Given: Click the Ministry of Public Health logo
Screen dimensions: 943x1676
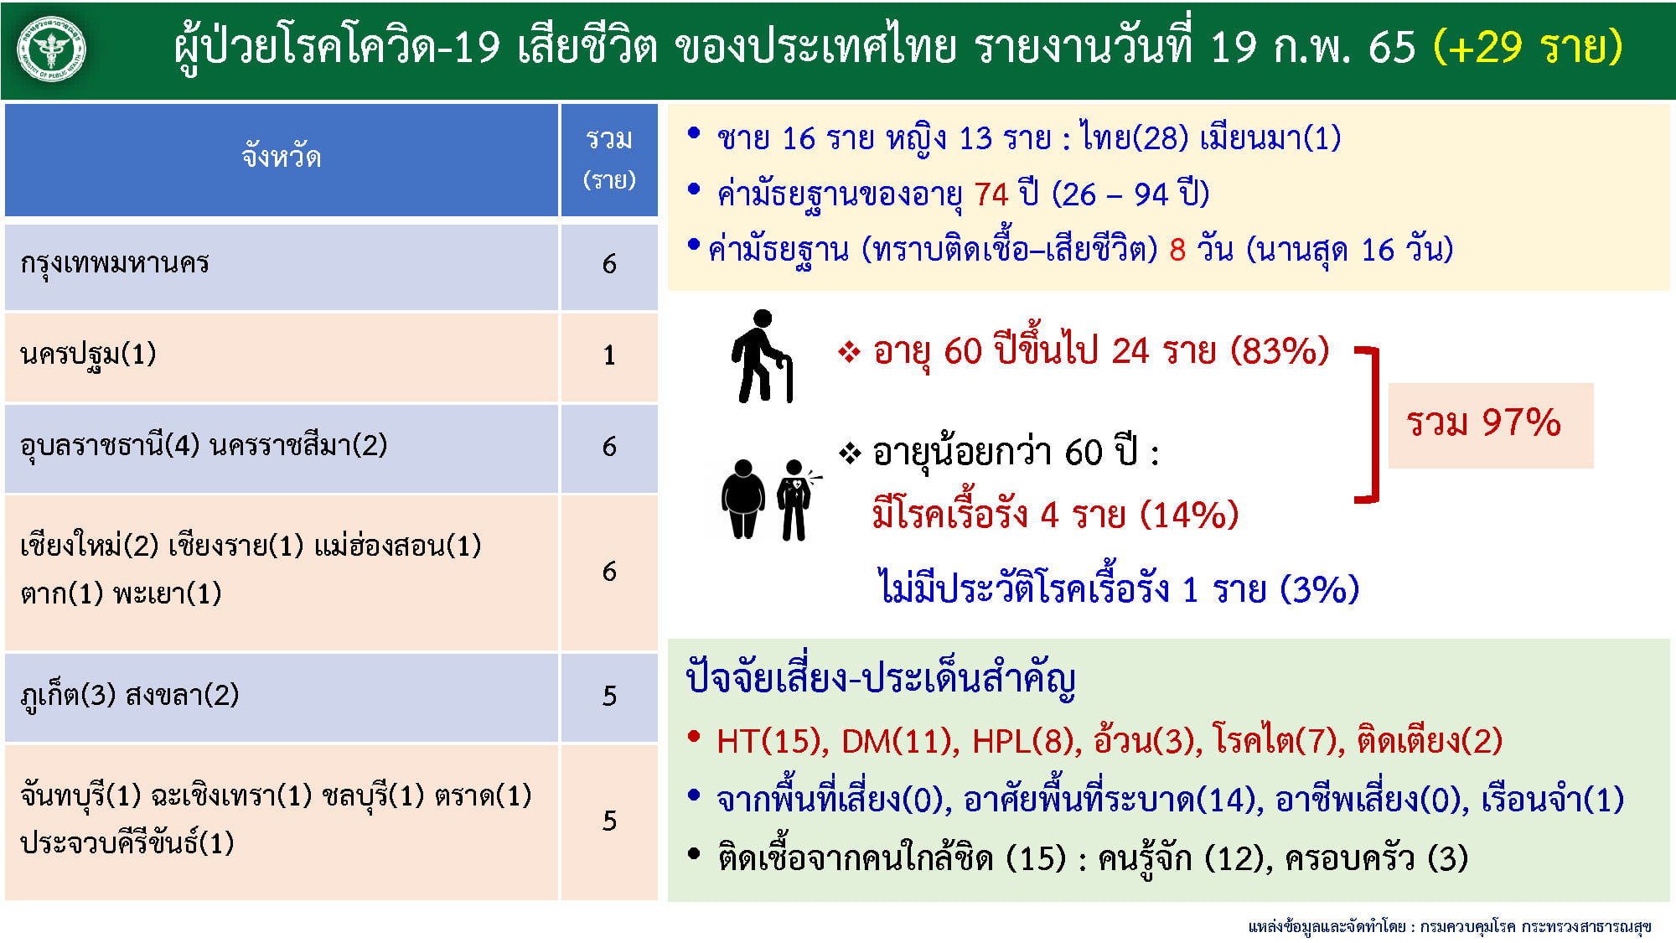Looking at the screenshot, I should point(52,49).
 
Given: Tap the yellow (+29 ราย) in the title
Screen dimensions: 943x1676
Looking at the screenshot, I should point(1527,47).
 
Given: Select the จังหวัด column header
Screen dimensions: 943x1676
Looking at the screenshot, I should point(282,158).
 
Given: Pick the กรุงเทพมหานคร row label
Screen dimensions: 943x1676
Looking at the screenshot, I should point(115,263).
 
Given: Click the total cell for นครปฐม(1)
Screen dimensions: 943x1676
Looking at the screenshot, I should point(609,355).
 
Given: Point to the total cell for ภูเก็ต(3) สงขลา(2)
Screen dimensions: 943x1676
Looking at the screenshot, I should point(609,696).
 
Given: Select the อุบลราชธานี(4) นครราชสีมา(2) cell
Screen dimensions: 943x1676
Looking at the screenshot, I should point(204,445).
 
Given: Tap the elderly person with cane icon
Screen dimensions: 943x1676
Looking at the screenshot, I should point(762,356).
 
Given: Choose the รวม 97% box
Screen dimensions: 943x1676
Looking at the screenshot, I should point(1490,424).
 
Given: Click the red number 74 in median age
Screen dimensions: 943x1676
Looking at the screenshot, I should point(991,194).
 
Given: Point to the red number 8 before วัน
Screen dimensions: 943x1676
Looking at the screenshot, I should point(1177,250).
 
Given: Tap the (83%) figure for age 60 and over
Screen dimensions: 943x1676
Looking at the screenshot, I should point(1280,351).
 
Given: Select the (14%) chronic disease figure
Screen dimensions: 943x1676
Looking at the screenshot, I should point(1189,515).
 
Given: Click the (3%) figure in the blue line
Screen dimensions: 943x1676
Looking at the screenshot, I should point(1319,589).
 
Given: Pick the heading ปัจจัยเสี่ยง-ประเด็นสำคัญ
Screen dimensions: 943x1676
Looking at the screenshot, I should point(880,679).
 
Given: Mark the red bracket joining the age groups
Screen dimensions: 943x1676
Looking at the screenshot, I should point(1373,424).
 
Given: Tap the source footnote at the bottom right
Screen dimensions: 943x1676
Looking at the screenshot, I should point(1449,926).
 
